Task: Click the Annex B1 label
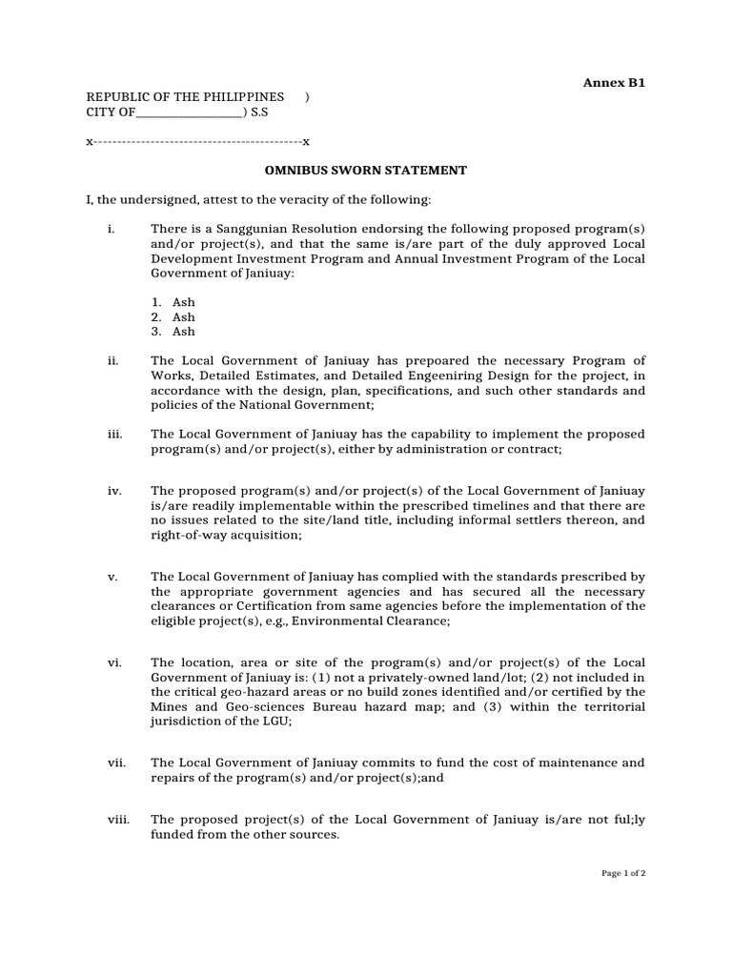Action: coord(614,83)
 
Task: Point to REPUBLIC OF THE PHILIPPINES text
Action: coord(185,97)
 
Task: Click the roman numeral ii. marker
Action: coord(112,360)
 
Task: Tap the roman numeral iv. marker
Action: coord(114,491)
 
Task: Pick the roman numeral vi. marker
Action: coord(114,662)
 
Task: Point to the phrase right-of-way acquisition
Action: coord(226,536)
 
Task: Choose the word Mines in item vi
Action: coord(169,707)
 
